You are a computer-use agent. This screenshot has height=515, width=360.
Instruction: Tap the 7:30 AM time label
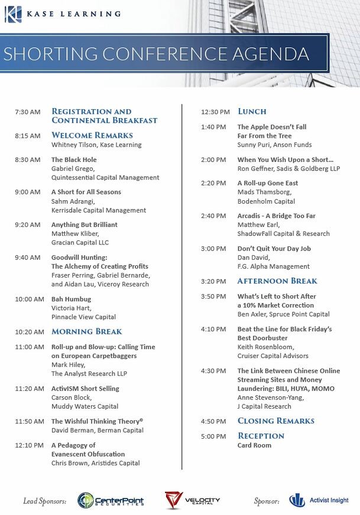pos(28,112)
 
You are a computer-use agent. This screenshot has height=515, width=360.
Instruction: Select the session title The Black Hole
pos(74,159)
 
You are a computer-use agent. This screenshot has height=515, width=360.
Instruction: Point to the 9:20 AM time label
pos(28,224)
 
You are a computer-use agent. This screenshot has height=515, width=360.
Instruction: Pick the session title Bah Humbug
pos(72,299)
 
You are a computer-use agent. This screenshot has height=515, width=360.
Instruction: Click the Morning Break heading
pos(87,332)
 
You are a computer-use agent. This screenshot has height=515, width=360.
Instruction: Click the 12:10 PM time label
pos(30,445)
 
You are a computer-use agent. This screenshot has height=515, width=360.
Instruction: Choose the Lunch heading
pos(252,112)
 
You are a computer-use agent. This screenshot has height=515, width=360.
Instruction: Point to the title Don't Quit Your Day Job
pos(274,249)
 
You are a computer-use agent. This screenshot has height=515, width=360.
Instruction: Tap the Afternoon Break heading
pos(277,281)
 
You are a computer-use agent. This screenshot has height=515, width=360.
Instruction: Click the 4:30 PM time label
pos(213,371)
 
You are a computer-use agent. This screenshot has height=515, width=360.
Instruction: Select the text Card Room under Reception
pos(254,445)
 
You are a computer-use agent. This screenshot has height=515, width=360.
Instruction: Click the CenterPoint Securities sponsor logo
pos(111,501)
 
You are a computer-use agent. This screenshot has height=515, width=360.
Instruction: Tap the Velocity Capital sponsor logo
pos(192,501)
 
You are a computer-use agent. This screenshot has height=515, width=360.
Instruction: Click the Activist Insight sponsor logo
pos(319,501)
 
